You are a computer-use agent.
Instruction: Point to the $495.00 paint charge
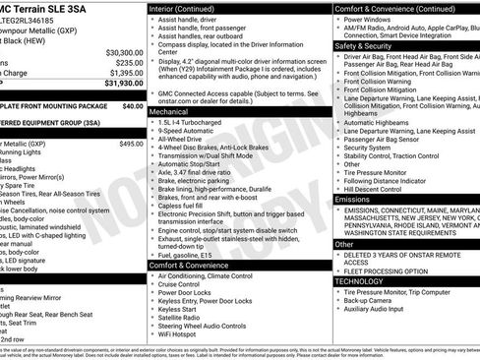130,144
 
